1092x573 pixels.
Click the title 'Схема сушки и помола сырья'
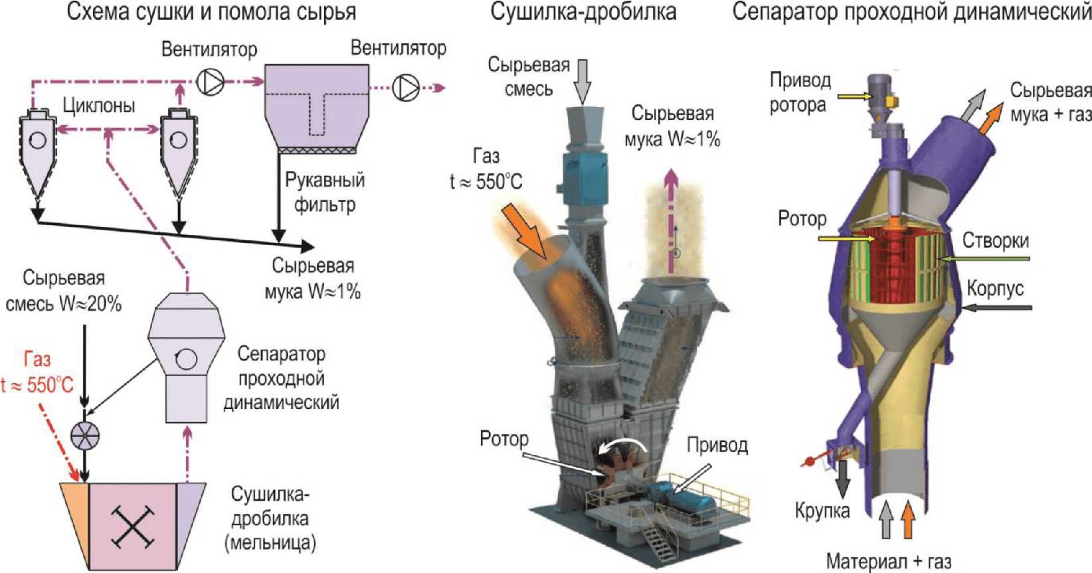(211, 12)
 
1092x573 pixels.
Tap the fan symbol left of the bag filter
(211, 82)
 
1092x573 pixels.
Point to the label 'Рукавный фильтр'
(325, 192)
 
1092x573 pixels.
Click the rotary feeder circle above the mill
(85, 435)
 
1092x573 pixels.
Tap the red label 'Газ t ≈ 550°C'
(37, 372)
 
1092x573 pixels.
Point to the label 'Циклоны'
(99, 106)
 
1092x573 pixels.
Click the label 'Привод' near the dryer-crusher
(717, 444)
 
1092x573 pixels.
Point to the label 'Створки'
(995, 240)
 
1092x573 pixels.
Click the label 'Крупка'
(822, 511)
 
